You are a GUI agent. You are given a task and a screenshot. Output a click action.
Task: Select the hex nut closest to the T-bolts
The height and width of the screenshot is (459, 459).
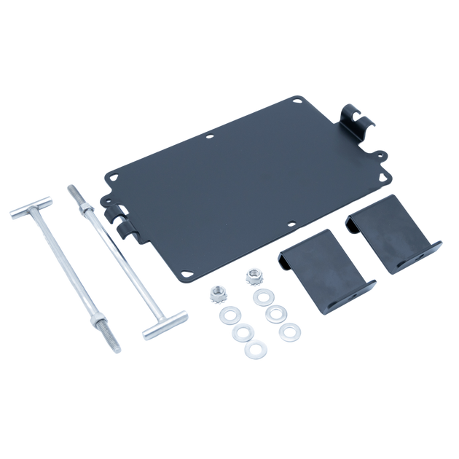tap(216, 293)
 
